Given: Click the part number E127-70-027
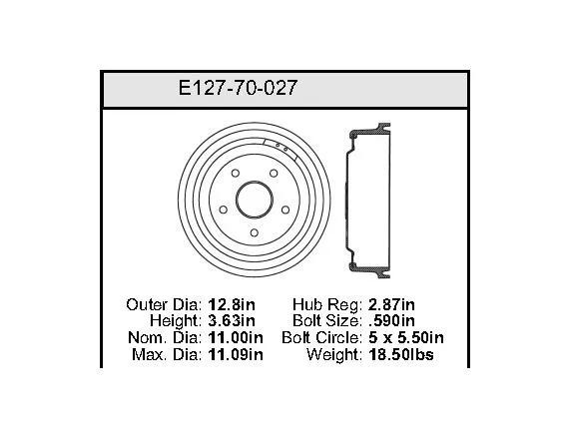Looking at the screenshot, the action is (238, 88).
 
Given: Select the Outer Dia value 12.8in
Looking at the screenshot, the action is (232, 304).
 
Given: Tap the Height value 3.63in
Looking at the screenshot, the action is (232, 320).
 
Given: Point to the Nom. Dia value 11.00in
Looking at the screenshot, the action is (236, 338).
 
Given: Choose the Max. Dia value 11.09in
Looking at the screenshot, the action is (236, 354).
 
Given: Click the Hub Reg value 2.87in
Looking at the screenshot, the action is (391, 304).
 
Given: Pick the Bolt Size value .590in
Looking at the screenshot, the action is (391, 320).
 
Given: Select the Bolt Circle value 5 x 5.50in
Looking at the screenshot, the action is (406, 338).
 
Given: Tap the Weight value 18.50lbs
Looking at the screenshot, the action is (401, 354).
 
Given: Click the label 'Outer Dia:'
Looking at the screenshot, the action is (164, 304).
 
